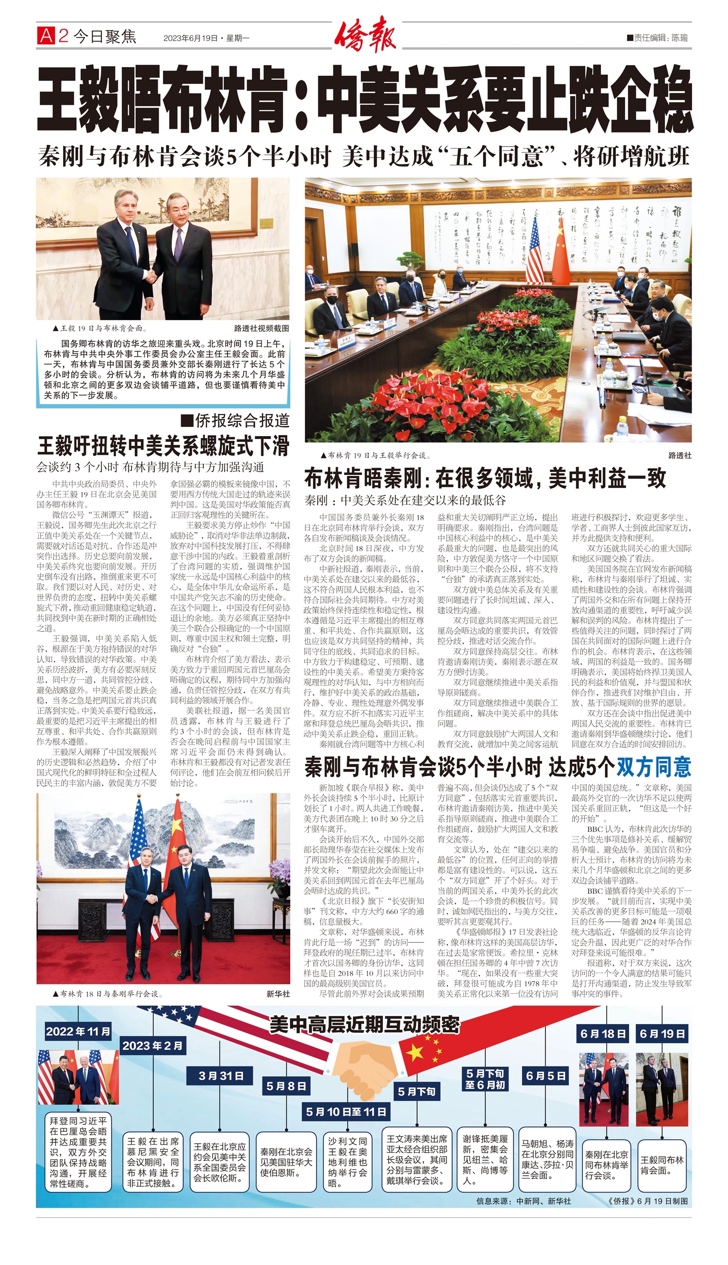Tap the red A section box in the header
pyautogui.click(x=46, y=36)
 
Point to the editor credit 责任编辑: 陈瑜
pyautogui.click(x=657, y=37)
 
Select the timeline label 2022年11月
pyautogui.click(x=78, y=1031)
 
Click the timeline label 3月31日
pyautogui.click(x=221, y=1076)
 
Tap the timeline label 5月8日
pyautogui.click(x=286, y=1085)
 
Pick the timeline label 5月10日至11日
pyautogui.click(x=346, y=1112)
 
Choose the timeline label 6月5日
pyautogui.click(x=546, y=1076)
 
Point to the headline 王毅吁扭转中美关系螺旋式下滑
pyautogui.click(x=163, y=445)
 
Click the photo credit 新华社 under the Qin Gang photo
pyautogui.click(x=278, y=994)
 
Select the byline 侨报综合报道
pyautogui.click(x=236, y=421)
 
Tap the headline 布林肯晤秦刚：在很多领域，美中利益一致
pyautogui.click(x=485, y=479)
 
